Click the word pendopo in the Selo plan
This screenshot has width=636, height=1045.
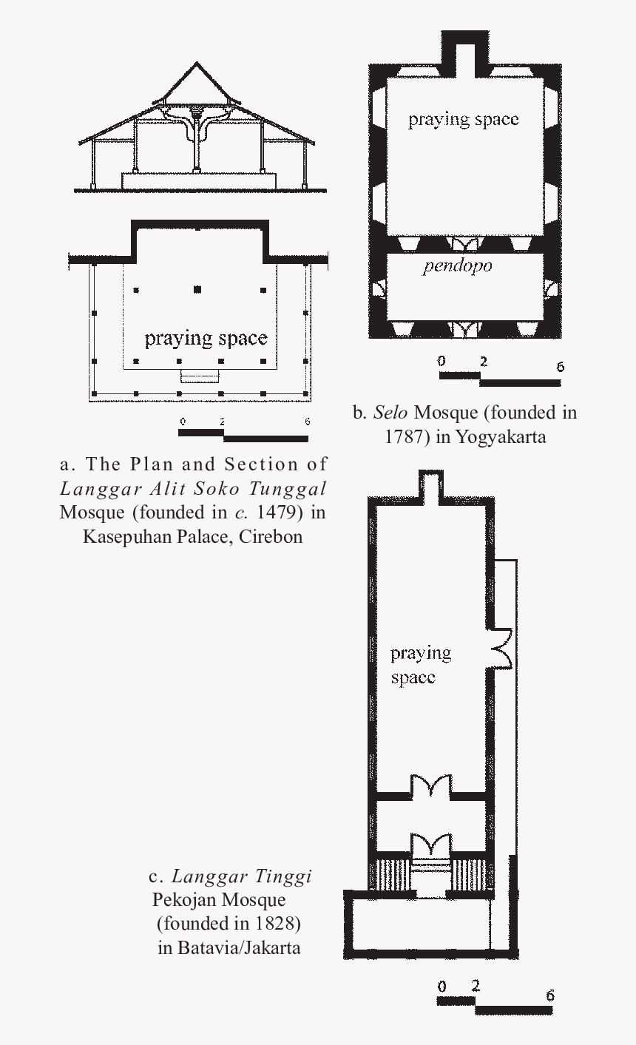[457, 266]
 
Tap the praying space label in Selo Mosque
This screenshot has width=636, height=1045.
[463, 120]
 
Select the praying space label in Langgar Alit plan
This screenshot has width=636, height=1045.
[206, 339]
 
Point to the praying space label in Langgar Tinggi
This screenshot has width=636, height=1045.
[420, 665]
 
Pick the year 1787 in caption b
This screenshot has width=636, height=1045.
[407, 436]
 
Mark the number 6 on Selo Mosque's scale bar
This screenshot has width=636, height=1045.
[559, 366]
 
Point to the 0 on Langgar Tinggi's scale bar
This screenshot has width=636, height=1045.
[442, 987]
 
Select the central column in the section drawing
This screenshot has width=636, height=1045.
[197, 144]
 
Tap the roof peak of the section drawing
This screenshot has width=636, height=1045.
[197, 64]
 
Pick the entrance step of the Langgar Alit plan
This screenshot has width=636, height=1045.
[200, 376]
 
